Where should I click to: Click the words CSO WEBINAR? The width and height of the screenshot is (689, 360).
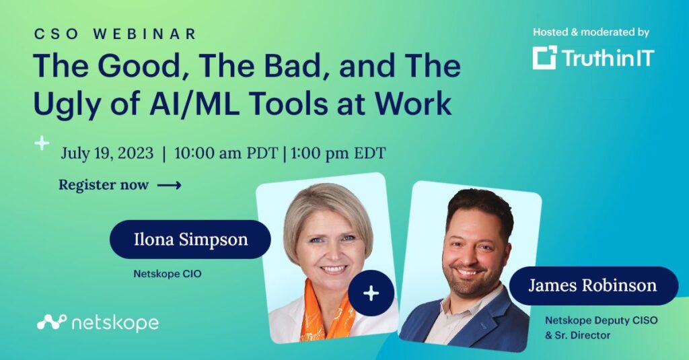coord(115,34)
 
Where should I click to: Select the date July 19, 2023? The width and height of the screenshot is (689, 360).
coord(107,153)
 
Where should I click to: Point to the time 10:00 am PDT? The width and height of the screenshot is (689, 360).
coord(226,153)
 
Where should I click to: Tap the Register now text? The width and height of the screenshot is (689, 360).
coord(104,185)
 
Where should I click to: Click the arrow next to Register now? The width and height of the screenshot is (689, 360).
coord(169,186)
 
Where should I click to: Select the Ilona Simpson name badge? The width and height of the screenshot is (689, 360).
coord(190,239)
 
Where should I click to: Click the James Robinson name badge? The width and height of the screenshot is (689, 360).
coord(593,286)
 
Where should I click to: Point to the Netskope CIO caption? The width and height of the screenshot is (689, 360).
coord(168,274)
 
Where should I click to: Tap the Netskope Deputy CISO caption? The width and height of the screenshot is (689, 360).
coord(601,328)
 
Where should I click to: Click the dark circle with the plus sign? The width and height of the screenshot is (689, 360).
coord(371,293)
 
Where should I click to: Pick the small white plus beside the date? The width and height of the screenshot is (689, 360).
coord(42,143)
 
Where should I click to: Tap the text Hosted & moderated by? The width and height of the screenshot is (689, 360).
coord(591,32)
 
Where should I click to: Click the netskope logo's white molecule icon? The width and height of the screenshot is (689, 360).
coord(51,322)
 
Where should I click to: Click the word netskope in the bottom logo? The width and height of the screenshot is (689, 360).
coord(114,323)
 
